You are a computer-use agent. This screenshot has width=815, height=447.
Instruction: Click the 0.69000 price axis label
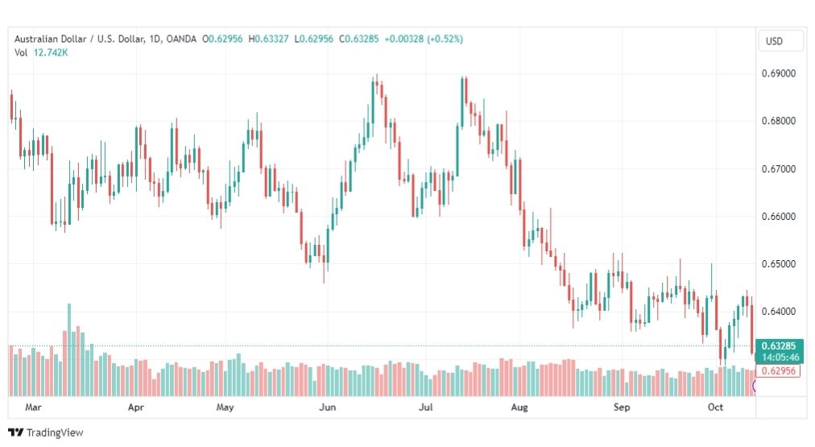(779, 73)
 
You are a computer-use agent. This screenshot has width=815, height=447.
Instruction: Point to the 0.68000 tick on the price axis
(779, 121)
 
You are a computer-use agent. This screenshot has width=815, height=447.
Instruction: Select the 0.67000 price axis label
(779, 169)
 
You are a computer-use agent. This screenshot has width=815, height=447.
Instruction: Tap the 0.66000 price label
(779, 217)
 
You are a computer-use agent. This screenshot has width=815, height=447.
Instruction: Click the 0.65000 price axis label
(779, 264)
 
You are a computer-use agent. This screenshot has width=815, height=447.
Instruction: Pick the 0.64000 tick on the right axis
(779, 312)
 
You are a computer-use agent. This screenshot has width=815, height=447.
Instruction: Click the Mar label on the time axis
(33, 408)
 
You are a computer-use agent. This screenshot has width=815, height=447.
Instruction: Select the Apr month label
(136, 408)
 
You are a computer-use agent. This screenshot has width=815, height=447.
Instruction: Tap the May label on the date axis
(225, 408)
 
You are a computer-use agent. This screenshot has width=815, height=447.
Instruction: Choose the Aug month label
(519, 408)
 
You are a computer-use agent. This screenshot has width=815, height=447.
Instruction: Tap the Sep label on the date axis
(621, 408)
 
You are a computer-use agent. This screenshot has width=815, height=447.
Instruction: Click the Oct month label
(715, 408)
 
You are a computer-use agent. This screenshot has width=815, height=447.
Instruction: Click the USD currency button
(774, 41)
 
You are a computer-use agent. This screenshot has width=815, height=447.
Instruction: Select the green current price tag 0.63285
(779, 346)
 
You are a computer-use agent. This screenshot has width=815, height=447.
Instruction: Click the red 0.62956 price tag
(779, 371)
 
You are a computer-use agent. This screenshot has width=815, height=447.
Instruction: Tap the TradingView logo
(46, 433)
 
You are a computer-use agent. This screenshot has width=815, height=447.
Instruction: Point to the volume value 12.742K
(51, 52)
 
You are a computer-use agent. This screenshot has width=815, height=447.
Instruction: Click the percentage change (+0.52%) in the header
(442, 39)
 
